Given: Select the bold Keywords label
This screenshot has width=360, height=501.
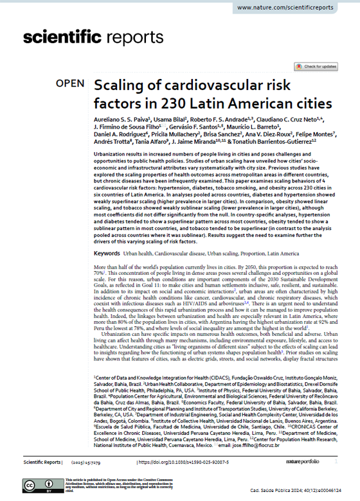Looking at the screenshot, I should point(109,254).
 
